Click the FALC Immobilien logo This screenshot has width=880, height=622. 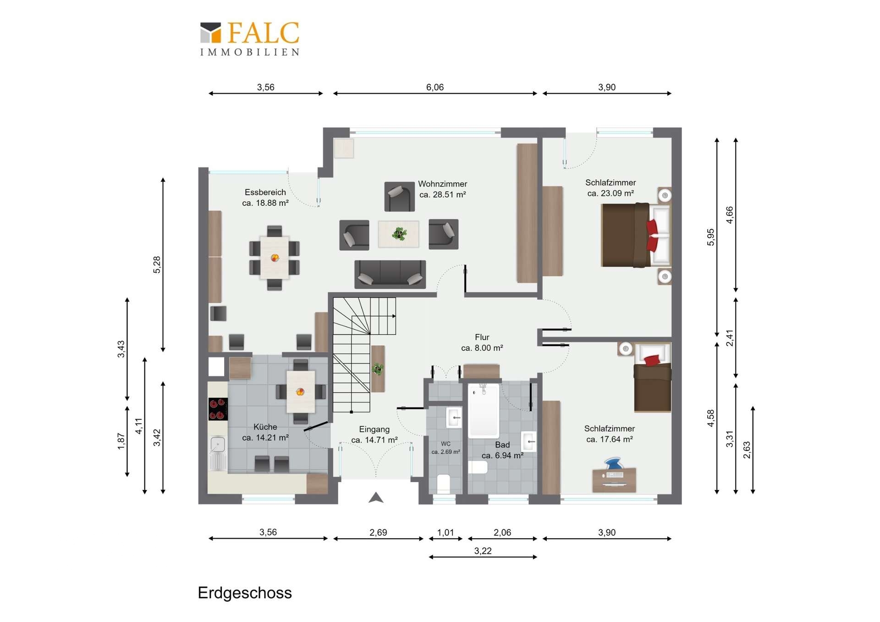coord(250,39)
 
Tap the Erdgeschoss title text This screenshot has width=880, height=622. coord(245,593)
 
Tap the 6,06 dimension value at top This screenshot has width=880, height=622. coord(435,87)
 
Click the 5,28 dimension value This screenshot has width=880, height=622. coord(157,265)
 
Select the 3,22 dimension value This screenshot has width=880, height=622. coord(483,550)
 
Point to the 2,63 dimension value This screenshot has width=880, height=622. coord(747,450)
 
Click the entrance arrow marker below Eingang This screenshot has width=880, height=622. coord(376,497)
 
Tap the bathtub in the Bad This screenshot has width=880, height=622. coord(484,410)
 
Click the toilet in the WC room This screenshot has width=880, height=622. coord(444,484)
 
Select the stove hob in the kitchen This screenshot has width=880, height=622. coord(218,409)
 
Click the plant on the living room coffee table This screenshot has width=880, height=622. coord(399,234)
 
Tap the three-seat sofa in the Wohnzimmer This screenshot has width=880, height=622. coord(390,274)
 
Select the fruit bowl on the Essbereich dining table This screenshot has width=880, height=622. coord(275,258)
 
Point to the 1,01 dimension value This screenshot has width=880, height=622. coord(445,532)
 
